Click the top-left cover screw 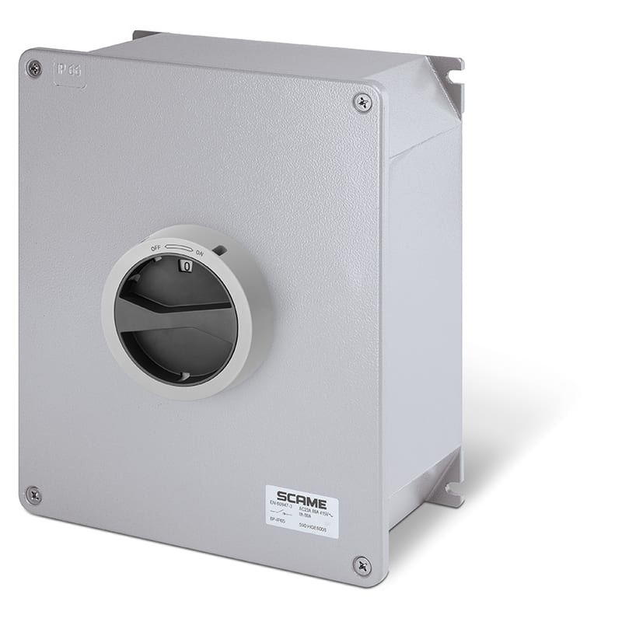point(33,68)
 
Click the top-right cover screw point(362,102)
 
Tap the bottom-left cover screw point(33,494)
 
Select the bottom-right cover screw point(361,566)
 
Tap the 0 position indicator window point(187,266)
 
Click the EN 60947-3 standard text point(281,504)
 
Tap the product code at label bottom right point(313,527)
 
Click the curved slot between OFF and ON point(178,247)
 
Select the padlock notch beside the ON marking point(220,250)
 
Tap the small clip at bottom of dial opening point(184,376)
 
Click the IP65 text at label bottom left point(278,521)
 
